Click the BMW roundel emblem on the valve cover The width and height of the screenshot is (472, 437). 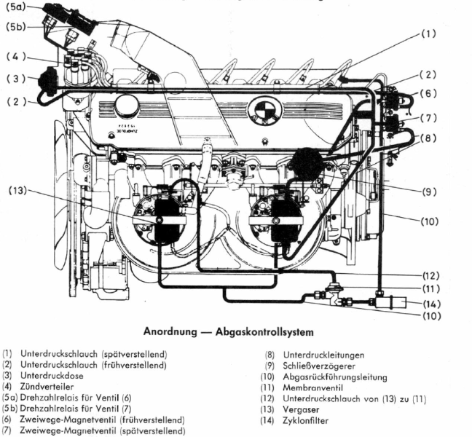click(x=260, y=111)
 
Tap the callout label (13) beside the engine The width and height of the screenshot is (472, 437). click(x=17, y=191)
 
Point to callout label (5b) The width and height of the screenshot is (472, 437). click(x=16, y=27)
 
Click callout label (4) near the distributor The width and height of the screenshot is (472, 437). click(x=16, y=56)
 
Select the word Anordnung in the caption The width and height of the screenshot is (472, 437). click(x=173, y=334)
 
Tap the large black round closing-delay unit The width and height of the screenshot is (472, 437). click(x=307, y=163)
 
